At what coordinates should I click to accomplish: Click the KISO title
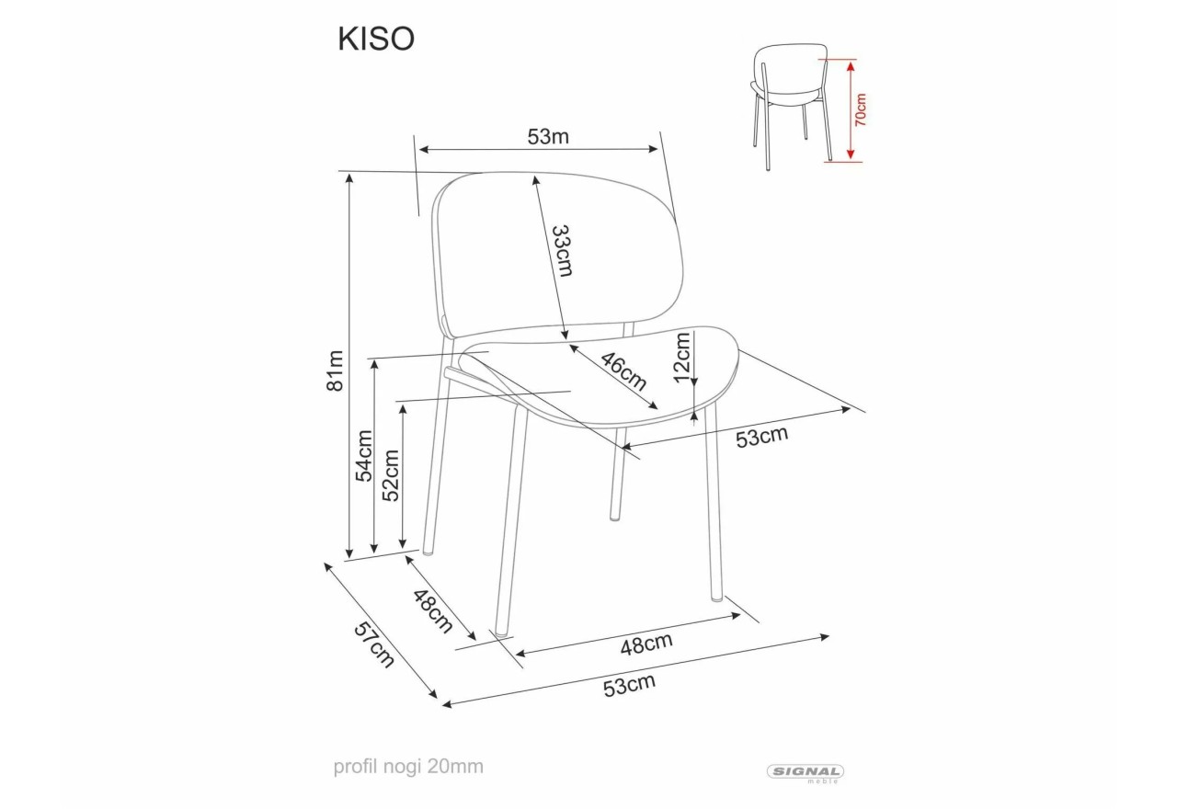[376, 39]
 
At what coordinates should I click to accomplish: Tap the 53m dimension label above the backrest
[548, 137]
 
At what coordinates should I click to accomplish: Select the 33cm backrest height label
[562, 251]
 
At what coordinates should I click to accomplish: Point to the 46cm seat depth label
[623, 371]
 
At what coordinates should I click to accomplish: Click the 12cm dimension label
[681, 358]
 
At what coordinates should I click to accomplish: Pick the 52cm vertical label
[391, 476]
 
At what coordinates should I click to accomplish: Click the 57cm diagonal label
[373, 644]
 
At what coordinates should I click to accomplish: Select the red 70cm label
[861, 109]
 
